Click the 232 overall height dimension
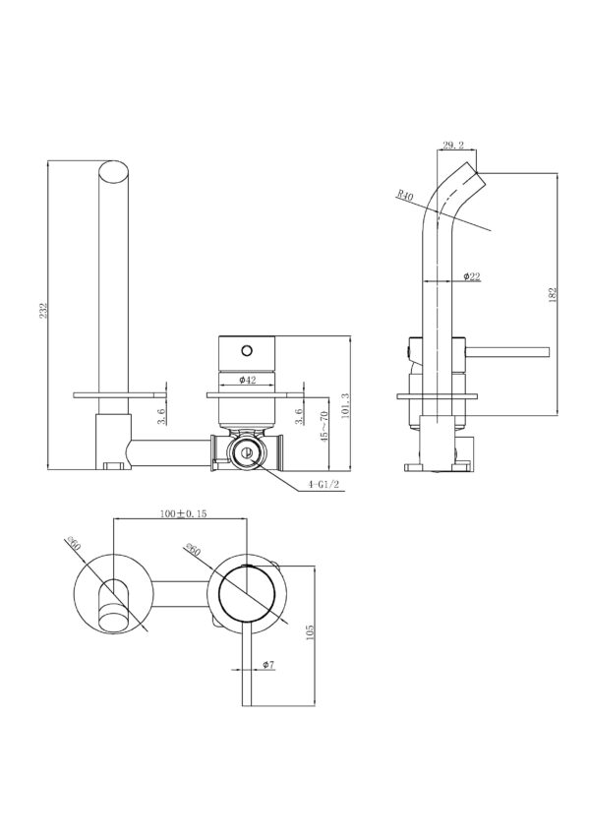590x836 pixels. click(x=40, y=311)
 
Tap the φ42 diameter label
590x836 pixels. click(x=248, y=379)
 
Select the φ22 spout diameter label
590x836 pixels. click(x=470, y=277)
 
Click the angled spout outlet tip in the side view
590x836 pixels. click(x=481, y=180)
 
